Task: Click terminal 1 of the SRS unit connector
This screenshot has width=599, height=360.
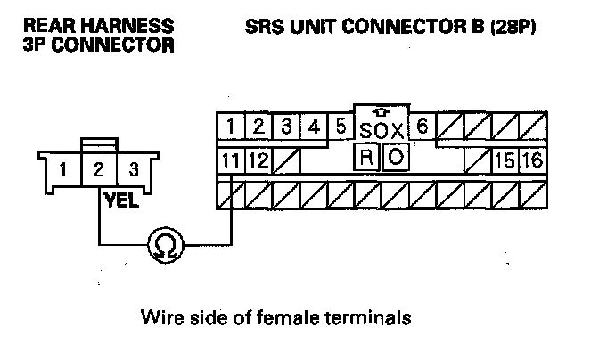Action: [x=231, y=127]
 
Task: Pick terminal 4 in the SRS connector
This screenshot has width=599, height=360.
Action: [x=313, y=127]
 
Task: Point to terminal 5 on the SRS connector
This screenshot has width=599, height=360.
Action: [x=341, y=127]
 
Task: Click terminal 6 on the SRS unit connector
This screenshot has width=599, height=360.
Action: [x=423, y=127]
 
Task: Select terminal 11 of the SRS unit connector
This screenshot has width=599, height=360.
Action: [x=231, y=160]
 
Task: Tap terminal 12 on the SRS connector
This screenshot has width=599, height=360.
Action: [x=258, y=160]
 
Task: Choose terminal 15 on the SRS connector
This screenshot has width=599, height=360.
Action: [x=505, y=160]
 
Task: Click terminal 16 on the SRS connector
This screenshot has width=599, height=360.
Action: [x=532, y=160]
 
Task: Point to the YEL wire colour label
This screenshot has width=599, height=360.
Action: [x=121, y=201]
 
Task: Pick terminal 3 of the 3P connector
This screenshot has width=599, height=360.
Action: [x=134, y=168]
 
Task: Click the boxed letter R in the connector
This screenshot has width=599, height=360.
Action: [x=366, y=158]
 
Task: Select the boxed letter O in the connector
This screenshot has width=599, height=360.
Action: [x=397, y=158]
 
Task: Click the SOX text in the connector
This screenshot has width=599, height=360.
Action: [x=382, y=131]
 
